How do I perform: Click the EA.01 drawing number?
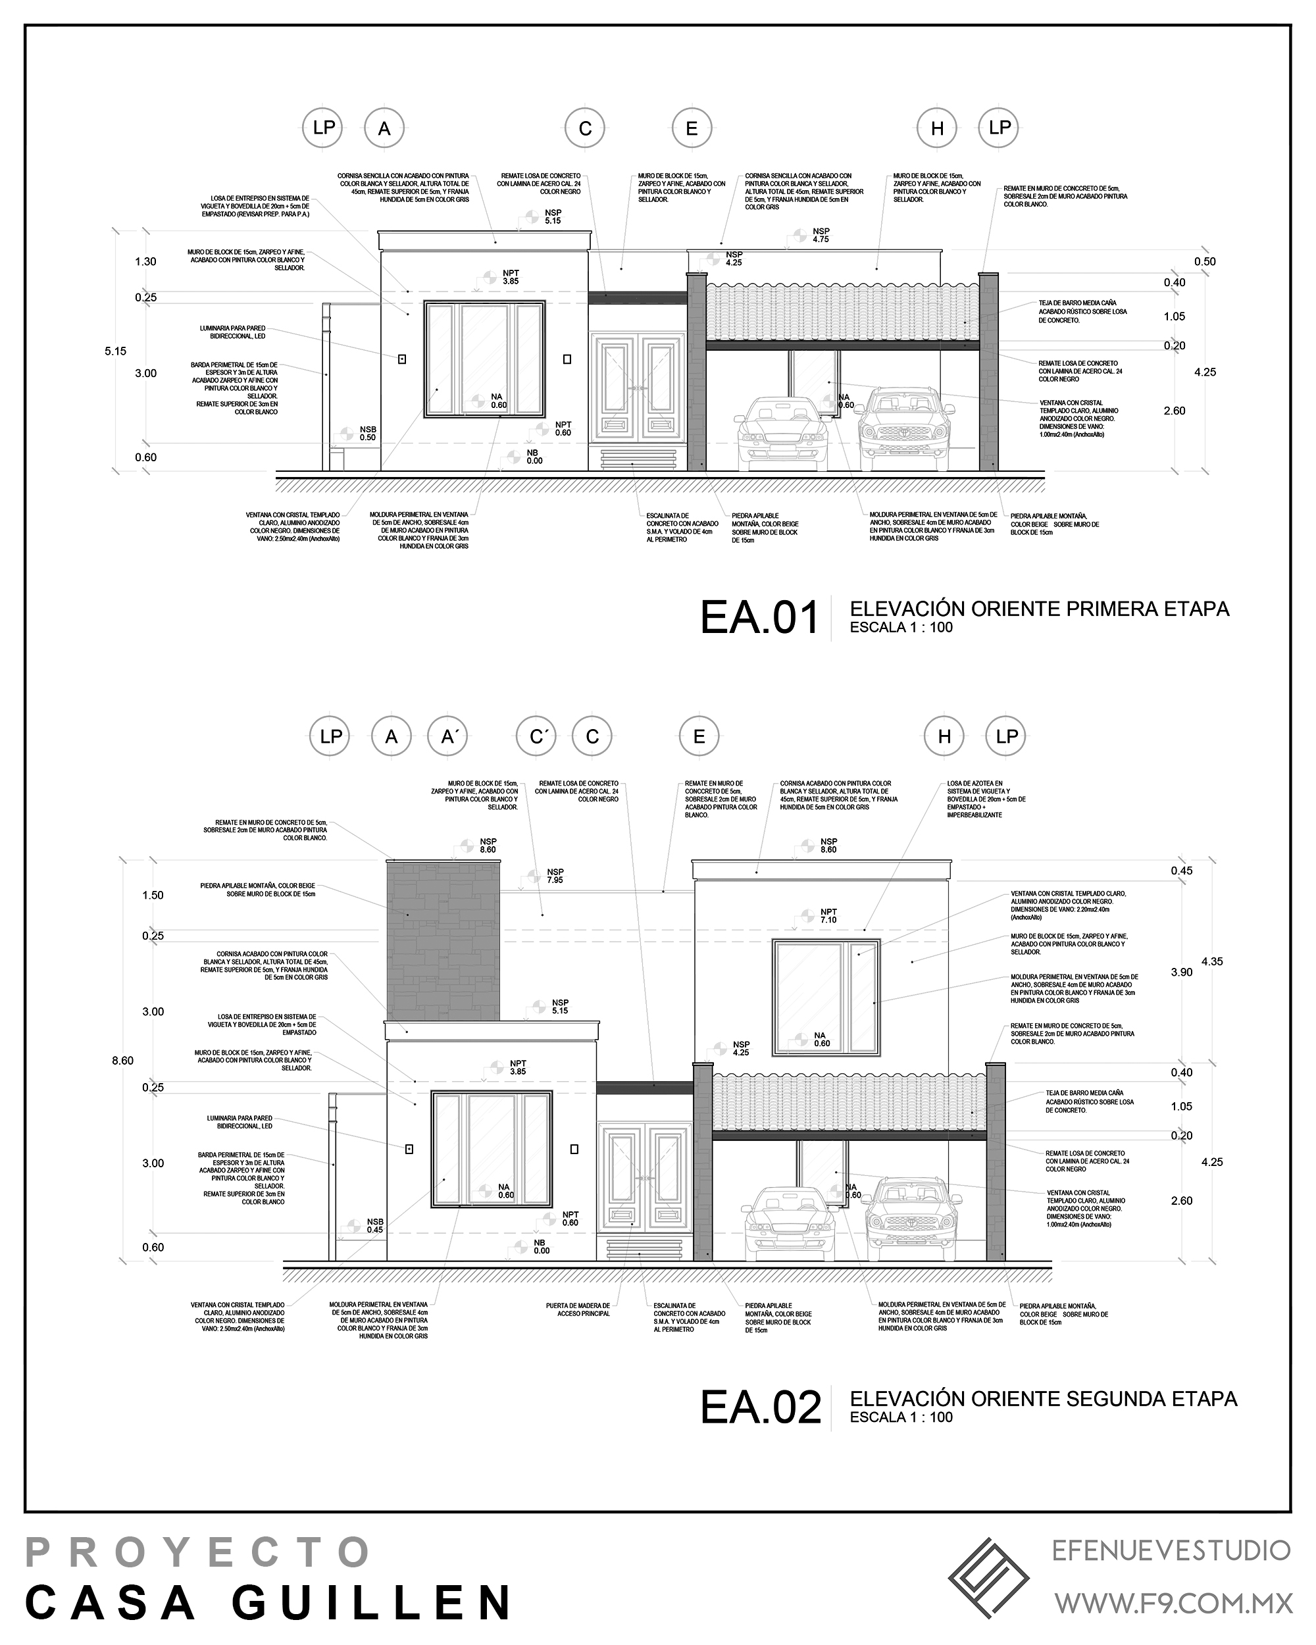tap(759, 618)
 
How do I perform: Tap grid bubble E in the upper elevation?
tap(691, 128)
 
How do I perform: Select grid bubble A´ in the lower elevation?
tap(448, 737)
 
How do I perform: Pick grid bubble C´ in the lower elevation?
tap(536, 737)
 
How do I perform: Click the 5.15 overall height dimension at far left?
tap(116, 351)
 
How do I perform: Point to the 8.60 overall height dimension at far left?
tap(123, 1061)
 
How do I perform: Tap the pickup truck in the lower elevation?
tap(912, 1220)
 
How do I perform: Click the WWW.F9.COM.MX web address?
tap(1173, 1602)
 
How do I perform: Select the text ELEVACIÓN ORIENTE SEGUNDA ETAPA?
tap(1043, 1398)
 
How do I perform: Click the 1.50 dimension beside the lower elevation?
tap(153, 895)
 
